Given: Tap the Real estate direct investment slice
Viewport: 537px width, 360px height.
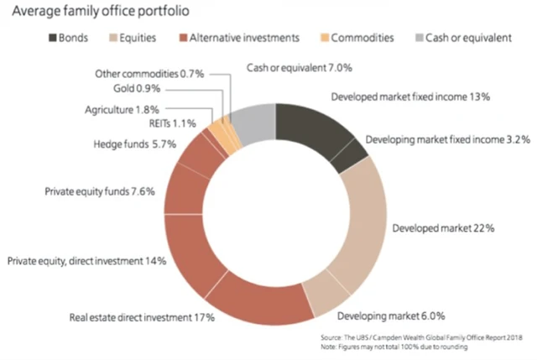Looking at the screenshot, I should tap(251, 302).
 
